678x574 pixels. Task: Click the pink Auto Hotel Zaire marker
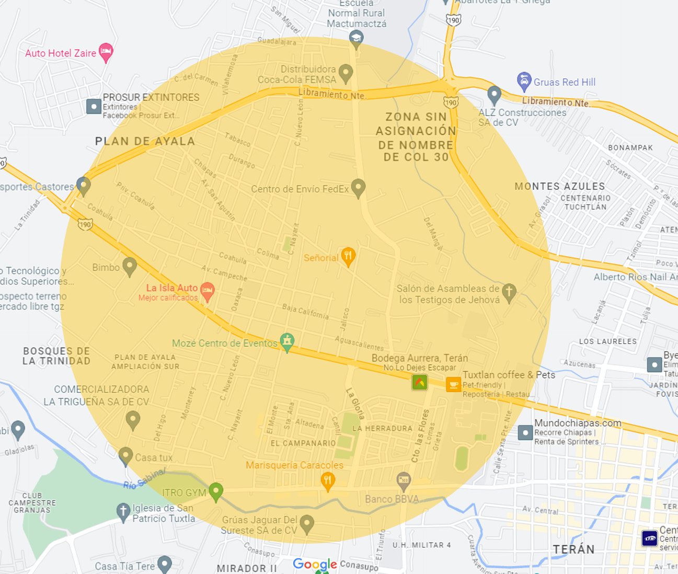point(106,52)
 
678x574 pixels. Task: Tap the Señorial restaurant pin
point(348,256)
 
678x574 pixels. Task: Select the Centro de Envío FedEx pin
point(358,188)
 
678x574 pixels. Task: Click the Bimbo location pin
point(130,266)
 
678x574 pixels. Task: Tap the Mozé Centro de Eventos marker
point(286,342)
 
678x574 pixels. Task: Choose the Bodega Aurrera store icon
point(420,382)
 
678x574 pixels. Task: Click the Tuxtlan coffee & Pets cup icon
point(453,384)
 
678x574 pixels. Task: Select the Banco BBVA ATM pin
point(404,480)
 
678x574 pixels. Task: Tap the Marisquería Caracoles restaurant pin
point(328,480)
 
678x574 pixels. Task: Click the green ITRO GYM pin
point(216,491)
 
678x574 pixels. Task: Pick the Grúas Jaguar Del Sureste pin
point(307,523)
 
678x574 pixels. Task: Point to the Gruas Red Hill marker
point(524,81)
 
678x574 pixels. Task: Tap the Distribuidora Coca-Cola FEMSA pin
point(346,73)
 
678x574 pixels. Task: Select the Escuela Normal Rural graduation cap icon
point(357,38)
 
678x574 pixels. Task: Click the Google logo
point(315,564)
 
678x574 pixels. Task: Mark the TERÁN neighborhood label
point(574,549)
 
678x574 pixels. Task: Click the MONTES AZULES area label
point(559,187)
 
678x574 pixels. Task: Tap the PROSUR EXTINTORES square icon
point(94,107)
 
